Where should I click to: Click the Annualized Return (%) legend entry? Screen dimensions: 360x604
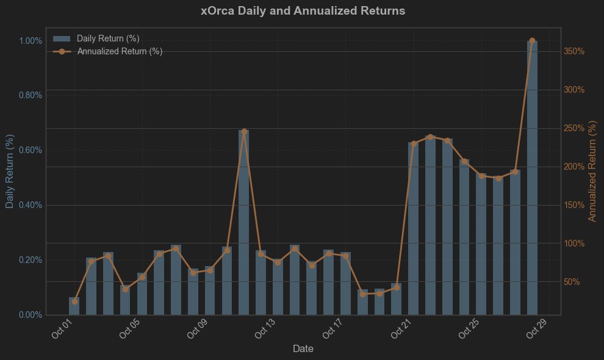tap(120, 51)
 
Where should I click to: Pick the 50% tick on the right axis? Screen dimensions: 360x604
tap(572, 282)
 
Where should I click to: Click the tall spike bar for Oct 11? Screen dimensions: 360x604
tap(243, 226)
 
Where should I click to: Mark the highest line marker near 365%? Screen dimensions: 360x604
tap(532, 41)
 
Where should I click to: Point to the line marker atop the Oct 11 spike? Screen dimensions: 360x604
tap(244, 131)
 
